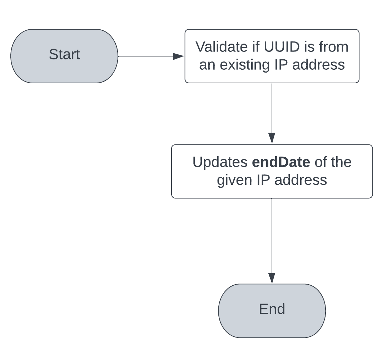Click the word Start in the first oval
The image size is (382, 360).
click(64, 55)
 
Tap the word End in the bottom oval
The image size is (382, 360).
click(272, 309)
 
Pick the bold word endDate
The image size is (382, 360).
click(281, 162)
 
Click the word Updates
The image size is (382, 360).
click(220, 162)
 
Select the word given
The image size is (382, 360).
click(234, 180)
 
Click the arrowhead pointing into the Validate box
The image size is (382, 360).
click(178, 56)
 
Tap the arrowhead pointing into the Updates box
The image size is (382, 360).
click(272, 138)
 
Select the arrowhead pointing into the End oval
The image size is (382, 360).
click(272, 278)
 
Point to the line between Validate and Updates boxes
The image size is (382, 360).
click(272, 107)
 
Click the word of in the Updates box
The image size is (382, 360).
click(321, 162)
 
